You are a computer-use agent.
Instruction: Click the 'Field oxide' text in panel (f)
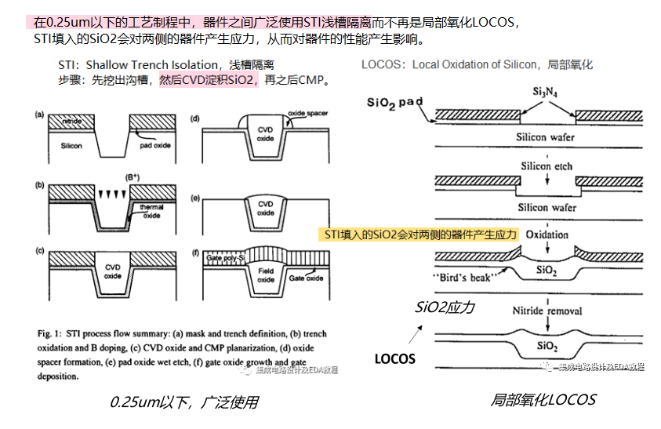click(267, 275)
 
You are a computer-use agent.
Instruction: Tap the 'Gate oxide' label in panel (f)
click(306, 278)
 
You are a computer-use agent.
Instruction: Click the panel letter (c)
click(38, 249)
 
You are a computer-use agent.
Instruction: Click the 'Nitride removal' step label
click(547, 311)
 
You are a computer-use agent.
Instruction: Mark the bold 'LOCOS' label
click(394, 359)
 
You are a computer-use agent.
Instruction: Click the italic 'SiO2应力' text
click(445, 307)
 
